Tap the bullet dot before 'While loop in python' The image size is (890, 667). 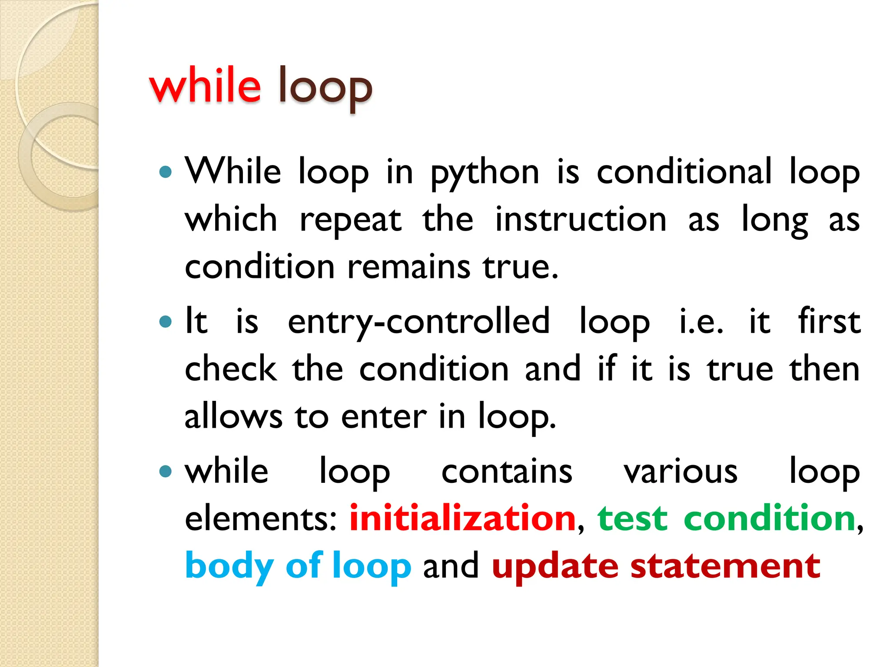[x=166, y=172]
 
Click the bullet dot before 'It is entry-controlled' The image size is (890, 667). [x=166, y=322]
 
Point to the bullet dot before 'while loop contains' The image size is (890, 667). [x=166, y=471]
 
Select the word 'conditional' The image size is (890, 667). [x=684, y=171]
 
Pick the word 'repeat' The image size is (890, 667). [x=350, y=221]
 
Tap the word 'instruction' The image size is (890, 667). [x=581, y=219]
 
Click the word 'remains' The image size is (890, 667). [x=409, y=267]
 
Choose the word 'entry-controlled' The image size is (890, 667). [x=418, y=322]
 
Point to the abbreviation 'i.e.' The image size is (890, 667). [x=701, y=322]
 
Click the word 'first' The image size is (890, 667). [x=829, y=321]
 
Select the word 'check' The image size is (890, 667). [x=231, y=369]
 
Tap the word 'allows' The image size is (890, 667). [x=233, y=416]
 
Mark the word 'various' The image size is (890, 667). [x=681, y=472]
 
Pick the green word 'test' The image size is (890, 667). [x=632, y=519]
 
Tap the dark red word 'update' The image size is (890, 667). [x=555, y=567]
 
